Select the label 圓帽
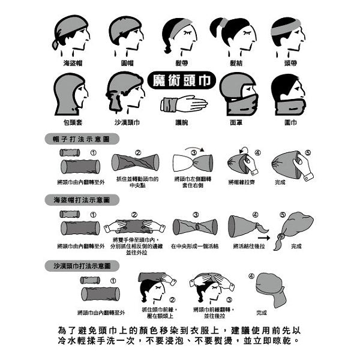126,62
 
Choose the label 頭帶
291,62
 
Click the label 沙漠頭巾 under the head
127,122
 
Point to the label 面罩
236,122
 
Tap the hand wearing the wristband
183,103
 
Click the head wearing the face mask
237,94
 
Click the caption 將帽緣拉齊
241,181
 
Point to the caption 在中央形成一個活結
196,246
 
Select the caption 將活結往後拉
248,246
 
